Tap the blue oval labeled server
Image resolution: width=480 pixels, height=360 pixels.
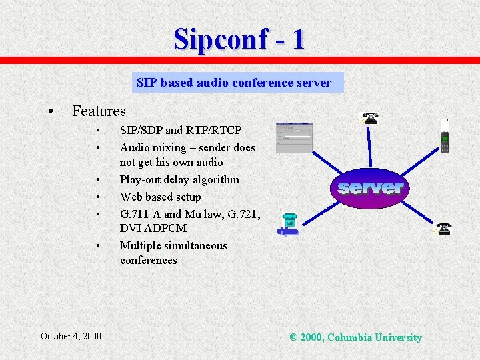[371, 187]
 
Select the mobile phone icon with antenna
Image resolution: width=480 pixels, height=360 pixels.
[445, 137]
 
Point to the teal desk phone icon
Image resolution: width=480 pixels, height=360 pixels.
[289, 224]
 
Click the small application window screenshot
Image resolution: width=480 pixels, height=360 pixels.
[293, 137]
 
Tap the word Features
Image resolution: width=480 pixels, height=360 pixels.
[99, 111]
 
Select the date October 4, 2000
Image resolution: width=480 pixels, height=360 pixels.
[71, 336]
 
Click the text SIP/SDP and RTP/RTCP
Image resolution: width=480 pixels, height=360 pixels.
[180, 130]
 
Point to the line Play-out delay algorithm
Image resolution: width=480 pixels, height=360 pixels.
[179, 179]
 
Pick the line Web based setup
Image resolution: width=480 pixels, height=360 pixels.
[160, 197]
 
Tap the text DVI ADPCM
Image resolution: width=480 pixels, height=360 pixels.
[153, 228]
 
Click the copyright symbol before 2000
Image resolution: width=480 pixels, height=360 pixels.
[293, 337]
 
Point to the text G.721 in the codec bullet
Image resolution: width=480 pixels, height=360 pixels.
[243, 214]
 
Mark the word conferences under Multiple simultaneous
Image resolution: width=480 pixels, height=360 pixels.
[148, 260]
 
